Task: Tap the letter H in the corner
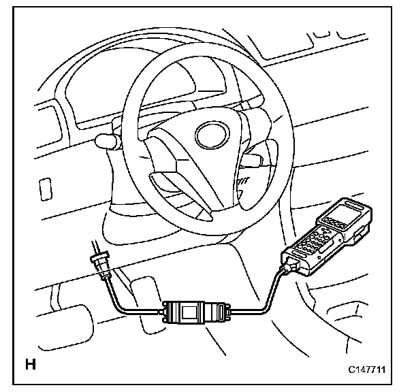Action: click(x=31, y=363)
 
